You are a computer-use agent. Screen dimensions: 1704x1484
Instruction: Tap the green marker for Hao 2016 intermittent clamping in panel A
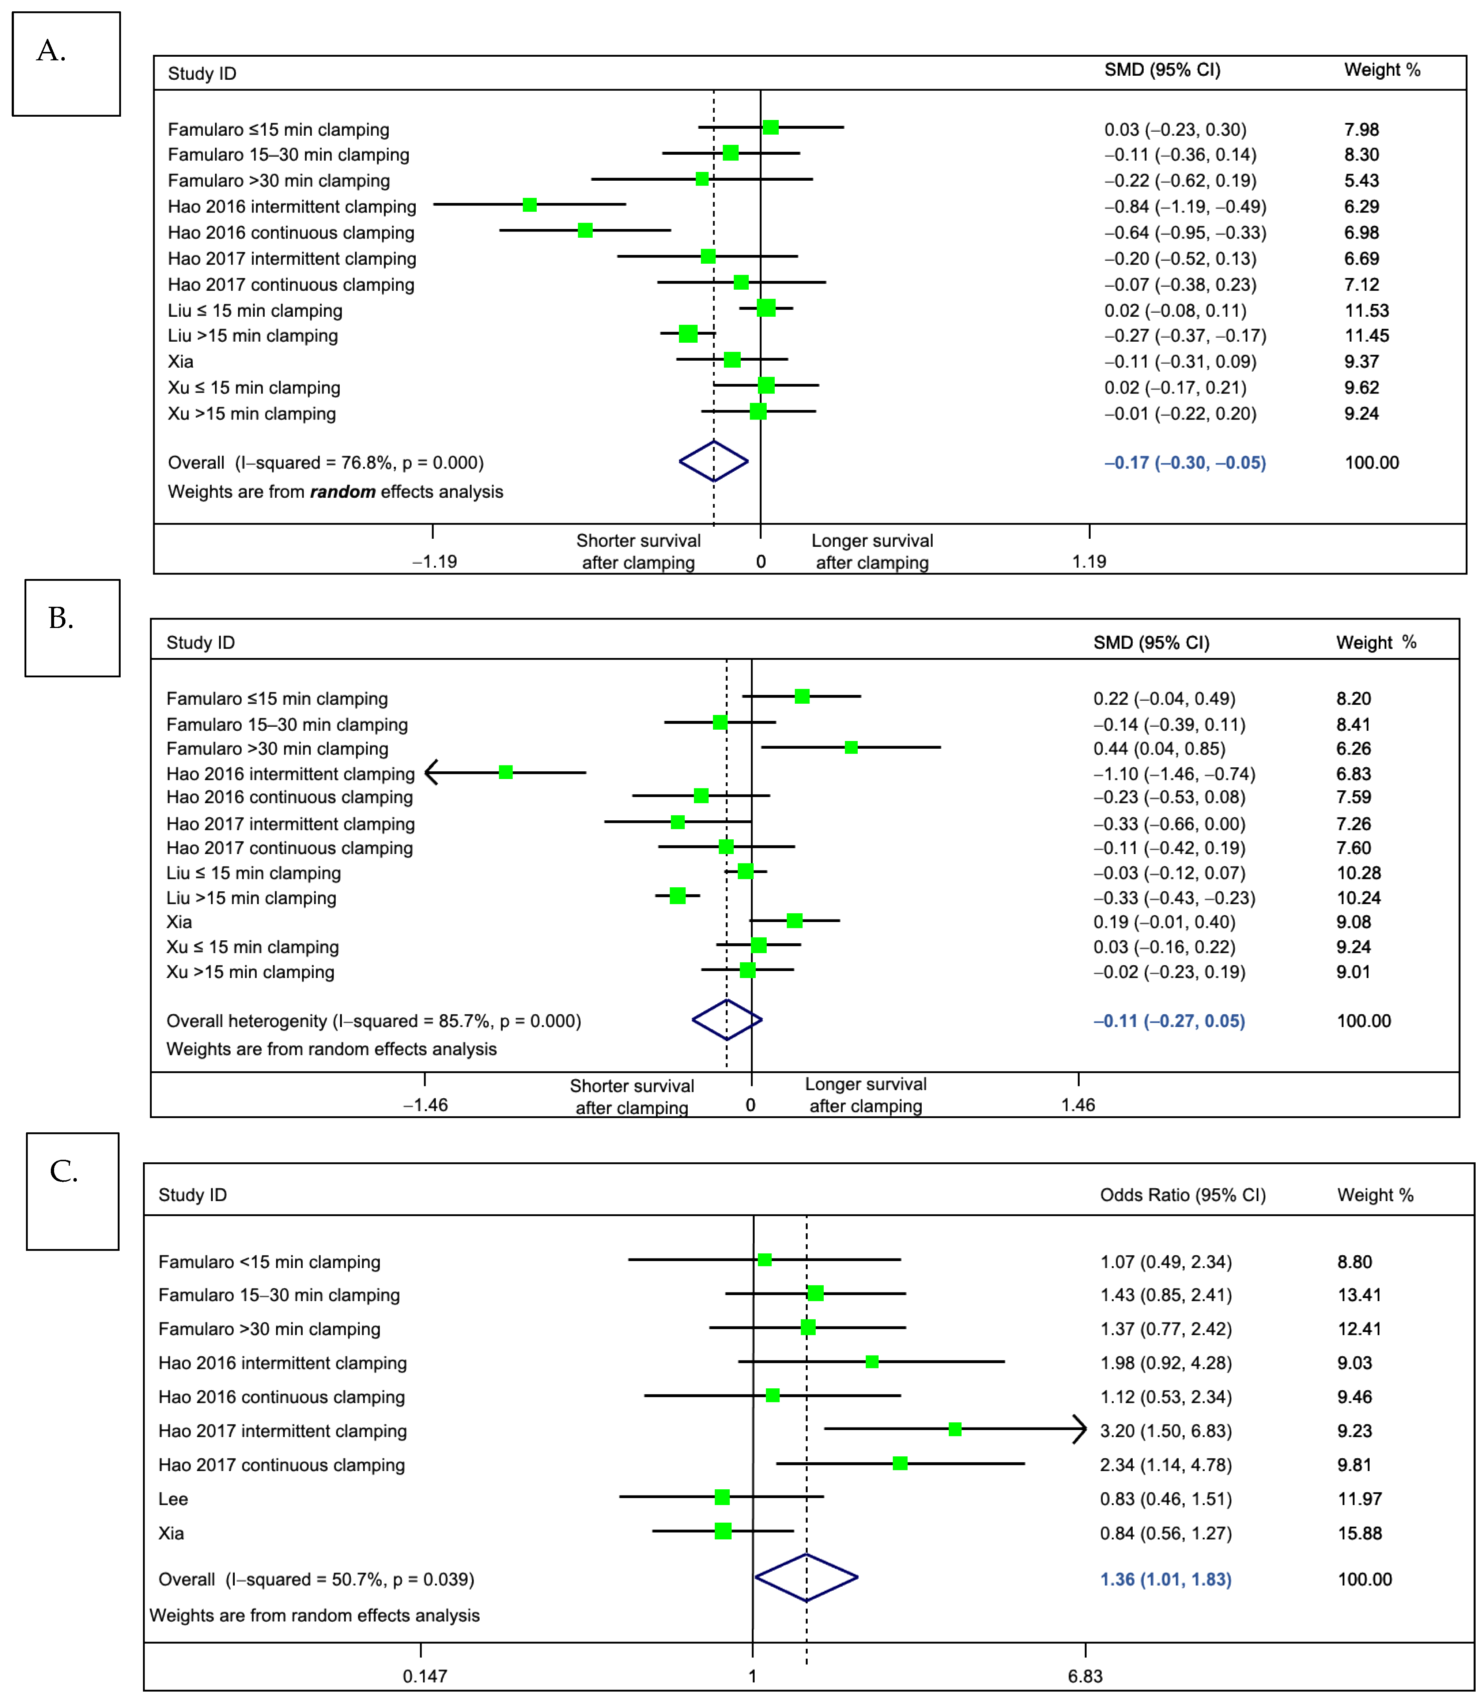pyautogui.click(x=530, y=204)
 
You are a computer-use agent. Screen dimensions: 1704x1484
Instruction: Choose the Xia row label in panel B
pyautogui.click(x=179, y=922)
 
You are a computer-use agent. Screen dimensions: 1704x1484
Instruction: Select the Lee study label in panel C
pyautogui.click(x=173, y=1500)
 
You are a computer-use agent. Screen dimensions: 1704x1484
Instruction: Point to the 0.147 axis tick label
pyautogui.click(x=425, y=1677)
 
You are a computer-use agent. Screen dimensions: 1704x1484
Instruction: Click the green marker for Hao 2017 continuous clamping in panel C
pyautogui.click(x=900, y=1464)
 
